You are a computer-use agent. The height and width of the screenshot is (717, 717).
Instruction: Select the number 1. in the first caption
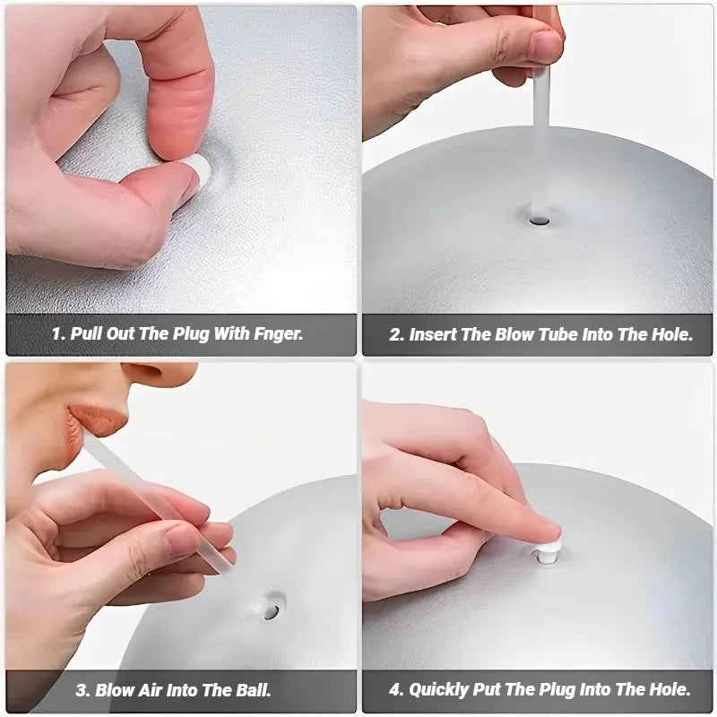[58, 334]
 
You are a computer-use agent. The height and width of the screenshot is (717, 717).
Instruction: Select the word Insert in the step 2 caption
[433, 334]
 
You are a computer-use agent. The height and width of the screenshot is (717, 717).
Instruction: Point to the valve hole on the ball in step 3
[270, 609]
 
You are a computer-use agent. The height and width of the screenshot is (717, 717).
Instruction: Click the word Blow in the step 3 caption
[114, 690]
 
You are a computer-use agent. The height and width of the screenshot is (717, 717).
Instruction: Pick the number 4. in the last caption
[397, 690]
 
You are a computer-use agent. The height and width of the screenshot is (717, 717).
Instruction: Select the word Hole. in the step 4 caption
[667, 690]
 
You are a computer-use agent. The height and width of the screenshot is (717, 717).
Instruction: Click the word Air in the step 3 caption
[151, 690]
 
